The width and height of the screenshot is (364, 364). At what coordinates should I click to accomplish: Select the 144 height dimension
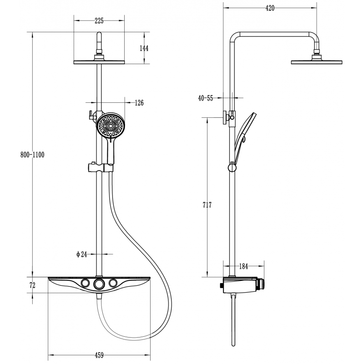click(x=144, y=49)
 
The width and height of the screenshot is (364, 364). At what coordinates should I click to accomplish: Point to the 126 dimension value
click(x=139, y=103)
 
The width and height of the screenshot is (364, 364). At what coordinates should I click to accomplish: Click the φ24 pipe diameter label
click(x=81, y=255)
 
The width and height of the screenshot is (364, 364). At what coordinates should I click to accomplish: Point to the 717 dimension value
click(x=207, y=205)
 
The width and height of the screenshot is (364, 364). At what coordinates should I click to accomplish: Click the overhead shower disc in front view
click(x=99, y=62)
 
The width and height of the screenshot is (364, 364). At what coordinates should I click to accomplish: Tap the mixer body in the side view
click(x=241, y=285)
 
